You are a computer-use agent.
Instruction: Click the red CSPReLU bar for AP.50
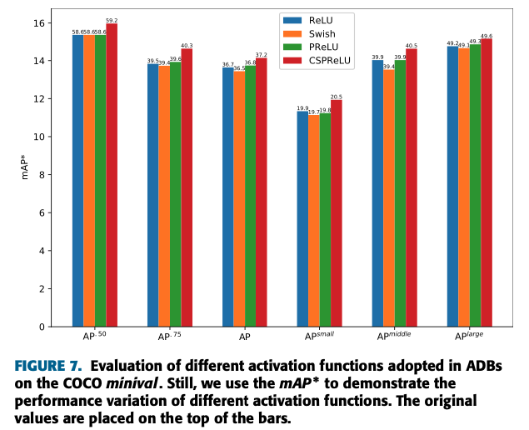[x=112, y=175]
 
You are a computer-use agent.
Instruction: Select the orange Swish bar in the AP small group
[x=314, y=221]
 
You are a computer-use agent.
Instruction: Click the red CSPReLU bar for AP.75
[x=187, y=187]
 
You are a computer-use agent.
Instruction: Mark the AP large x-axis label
[x=468, y=336]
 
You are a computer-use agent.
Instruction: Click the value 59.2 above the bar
[x=112, y=19]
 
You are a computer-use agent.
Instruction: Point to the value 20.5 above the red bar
[x=337, y=97]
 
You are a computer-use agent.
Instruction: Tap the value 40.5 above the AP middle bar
[x=412, y=45]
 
